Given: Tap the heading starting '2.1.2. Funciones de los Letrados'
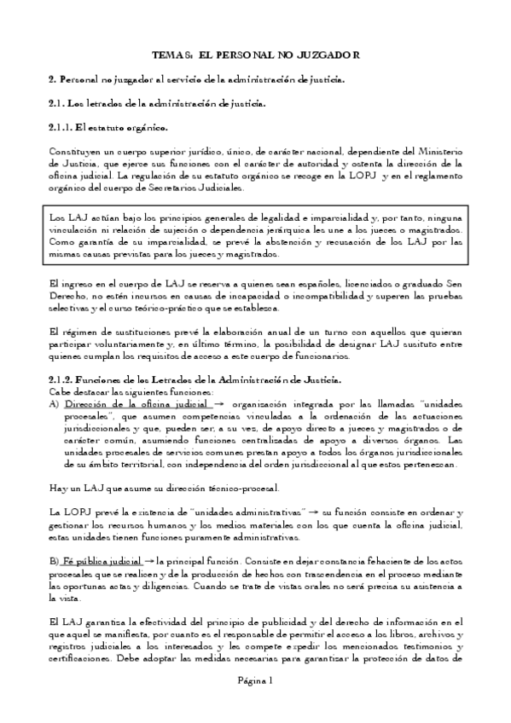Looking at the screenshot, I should coord(195,379).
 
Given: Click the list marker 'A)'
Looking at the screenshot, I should coord(54,404).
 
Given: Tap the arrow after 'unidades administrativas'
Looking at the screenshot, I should coord(314,512).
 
